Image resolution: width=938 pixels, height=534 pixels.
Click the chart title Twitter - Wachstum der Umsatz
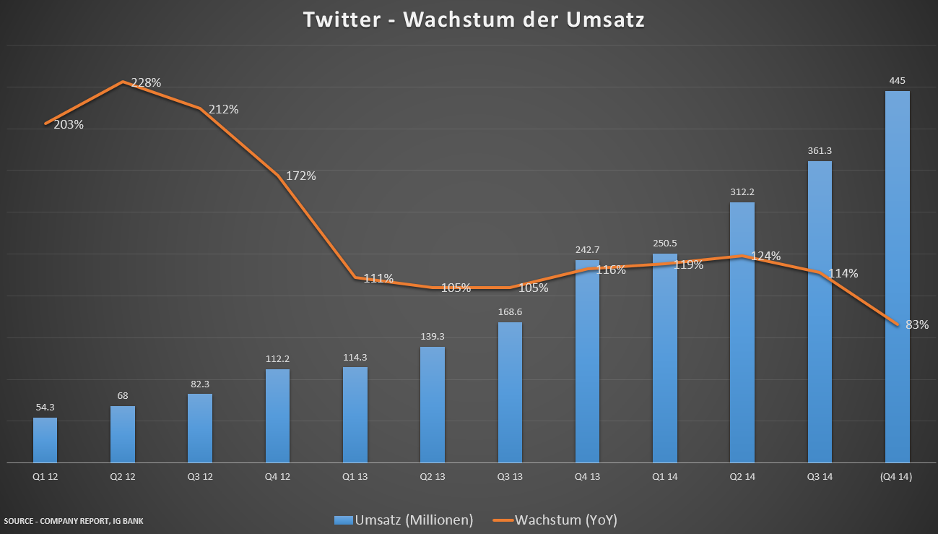pos(473,20)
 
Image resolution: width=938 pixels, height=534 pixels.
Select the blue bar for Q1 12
pos(45,440)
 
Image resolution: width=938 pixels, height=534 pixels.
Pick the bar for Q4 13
pos(587,361)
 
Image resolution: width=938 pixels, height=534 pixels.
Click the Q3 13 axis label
pos(510,477)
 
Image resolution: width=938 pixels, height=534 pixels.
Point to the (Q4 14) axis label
pos(897,477)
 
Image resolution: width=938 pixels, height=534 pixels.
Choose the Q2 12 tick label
pos(123,477)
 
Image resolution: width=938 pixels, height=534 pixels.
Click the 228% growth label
pos(146,82)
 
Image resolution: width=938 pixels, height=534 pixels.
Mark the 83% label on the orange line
pos(917,324)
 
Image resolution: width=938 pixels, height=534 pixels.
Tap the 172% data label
pos(301,176)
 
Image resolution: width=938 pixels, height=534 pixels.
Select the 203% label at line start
pos(69,124)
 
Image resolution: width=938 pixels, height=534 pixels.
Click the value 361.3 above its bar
pos(820,151)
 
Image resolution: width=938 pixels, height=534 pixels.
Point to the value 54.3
pos(45,408)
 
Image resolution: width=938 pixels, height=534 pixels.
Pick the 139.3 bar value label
pos(433,337)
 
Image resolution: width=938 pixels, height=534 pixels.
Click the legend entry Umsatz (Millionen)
pos(404,520)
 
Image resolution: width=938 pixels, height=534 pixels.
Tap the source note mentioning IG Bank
pos(74,520)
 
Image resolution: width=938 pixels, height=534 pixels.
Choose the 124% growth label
pos(765,256)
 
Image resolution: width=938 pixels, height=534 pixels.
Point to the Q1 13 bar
pos(355,415)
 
